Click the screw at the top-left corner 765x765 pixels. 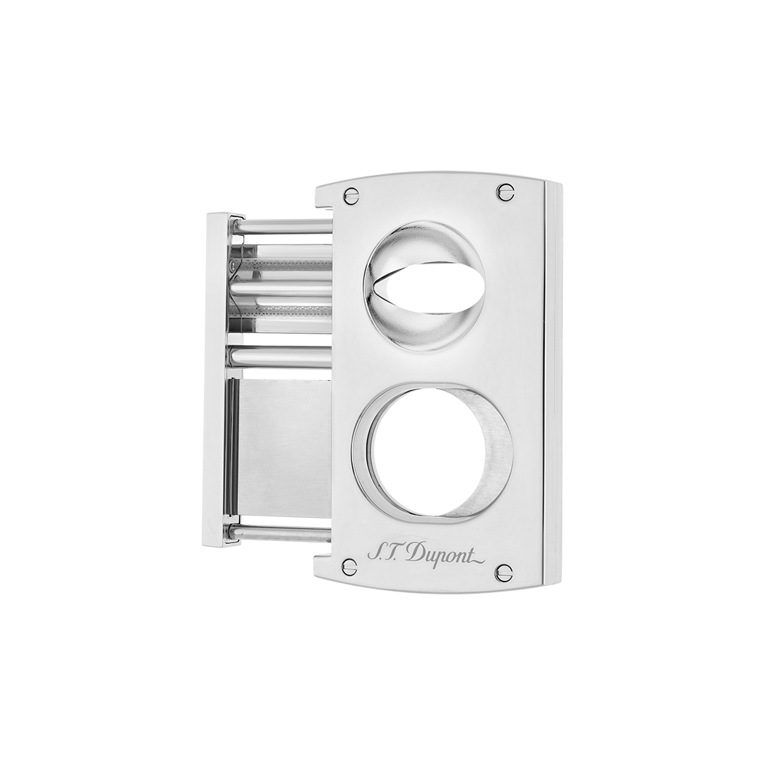point(351,195)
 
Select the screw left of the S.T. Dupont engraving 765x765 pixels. point(349,566)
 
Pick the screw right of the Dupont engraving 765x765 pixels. point(504,572)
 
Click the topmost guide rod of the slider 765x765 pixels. point(283,227)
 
